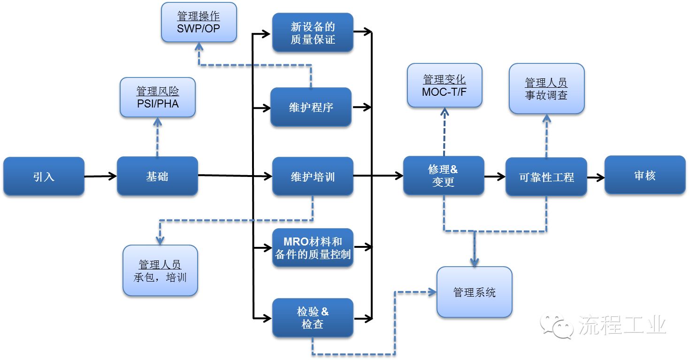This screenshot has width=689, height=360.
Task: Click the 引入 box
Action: click(44, 176)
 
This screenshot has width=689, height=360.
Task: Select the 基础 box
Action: click(157, 176)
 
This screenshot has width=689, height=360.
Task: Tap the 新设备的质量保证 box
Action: click(313, 33)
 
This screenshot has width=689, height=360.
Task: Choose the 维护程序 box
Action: click(311, 107)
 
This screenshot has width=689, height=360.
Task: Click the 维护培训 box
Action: click(313, 176)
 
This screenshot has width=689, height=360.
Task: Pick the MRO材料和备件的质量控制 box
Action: click(313, 248)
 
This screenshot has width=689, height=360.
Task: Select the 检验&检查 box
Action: click(313, 318)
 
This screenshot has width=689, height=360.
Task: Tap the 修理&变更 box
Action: click(444, 176)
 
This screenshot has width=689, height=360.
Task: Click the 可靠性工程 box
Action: click(546, 177)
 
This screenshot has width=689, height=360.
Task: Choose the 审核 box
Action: click(645, 175)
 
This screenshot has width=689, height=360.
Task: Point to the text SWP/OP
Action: click(199, 28)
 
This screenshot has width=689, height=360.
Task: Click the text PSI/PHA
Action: click(158, 103)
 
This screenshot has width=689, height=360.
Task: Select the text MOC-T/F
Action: click(444, 92)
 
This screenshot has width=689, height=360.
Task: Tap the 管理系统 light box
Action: click(474, 292)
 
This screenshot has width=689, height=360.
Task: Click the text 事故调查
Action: click(546, 95)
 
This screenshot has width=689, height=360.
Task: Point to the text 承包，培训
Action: click(160, 277)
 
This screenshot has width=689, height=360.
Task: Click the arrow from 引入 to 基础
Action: click(100, 176)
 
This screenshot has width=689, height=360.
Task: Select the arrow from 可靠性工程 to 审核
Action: click(596, 177)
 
